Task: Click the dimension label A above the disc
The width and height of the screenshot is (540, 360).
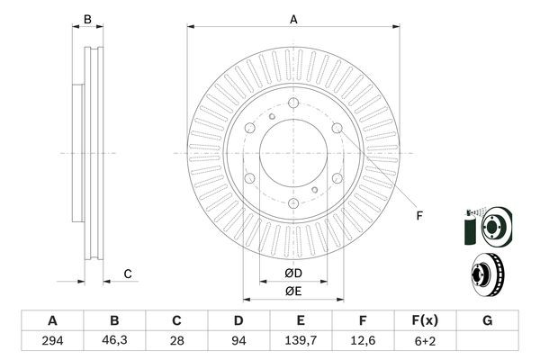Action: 293,18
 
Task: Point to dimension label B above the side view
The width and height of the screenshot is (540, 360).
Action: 87,19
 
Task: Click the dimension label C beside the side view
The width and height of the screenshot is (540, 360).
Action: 128,274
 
